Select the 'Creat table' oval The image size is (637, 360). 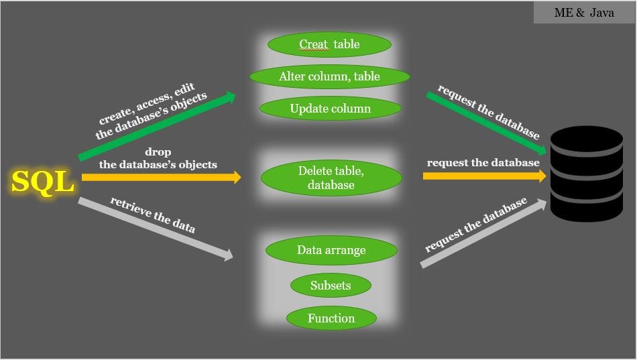click(x=329, y=45)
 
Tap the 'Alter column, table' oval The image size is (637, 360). click(x=329, y=76)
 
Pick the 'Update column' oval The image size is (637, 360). click(x=330, y=109)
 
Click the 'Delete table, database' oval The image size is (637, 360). click(x=331, y=178)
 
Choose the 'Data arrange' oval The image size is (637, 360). click(x=331, y=250)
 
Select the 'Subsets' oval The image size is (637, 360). click(x=331, y=286)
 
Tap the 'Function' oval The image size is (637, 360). click(x=331, y=318)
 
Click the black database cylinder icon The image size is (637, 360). click(x=586, y=173)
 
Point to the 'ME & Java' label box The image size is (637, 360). click(x=584, y=13)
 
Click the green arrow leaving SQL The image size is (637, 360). click(x=158, y=127)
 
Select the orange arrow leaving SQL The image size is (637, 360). click(x=161, y=178)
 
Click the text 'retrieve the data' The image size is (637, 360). click(x=153, y=215)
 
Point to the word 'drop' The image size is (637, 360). click(x=158, y=152)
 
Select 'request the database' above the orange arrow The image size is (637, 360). click(x=483, y=163)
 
